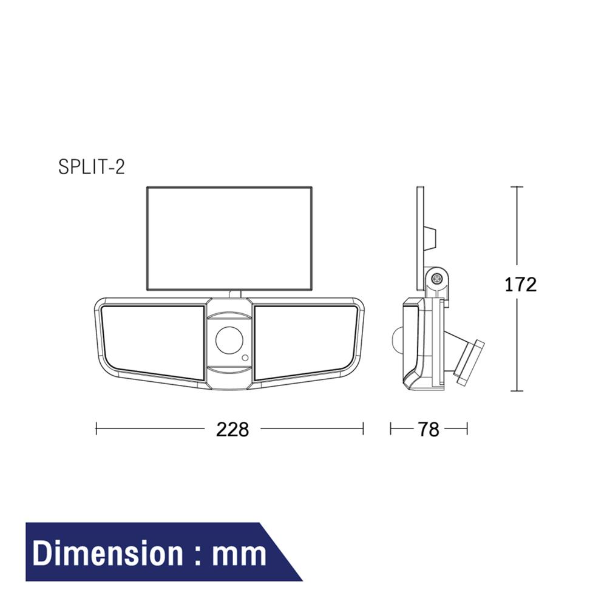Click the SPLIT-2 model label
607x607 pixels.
(91, 167)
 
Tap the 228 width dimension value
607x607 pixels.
(232, 429)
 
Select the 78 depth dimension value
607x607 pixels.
(428, 429)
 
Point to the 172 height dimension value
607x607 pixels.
(521, 284)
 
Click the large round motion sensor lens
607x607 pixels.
(229, 339)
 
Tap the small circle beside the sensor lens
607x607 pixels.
(245, 358)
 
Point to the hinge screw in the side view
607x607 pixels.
(436, 280)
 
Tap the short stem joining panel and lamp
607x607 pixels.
(235, 294)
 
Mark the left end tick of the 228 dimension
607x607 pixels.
(97, 429)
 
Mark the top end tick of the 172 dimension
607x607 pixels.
(516, 187)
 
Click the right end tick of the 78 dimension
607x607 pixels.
(467, 429)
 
